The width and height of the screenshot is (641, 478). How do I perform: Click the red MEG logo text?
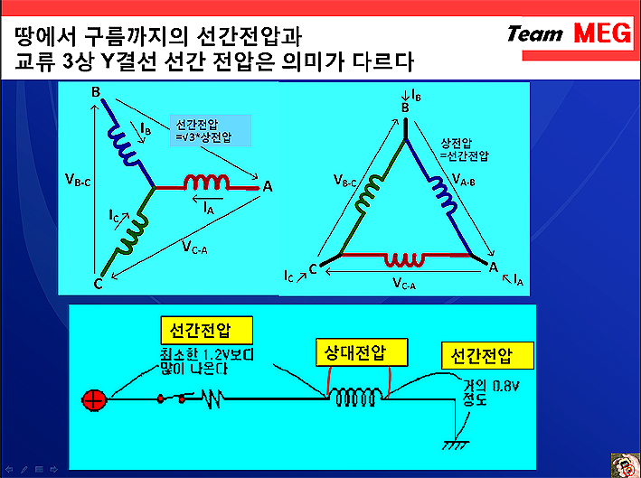pos(602,33)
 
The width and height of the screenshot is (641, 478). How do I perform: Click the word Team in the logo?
pos(534,34)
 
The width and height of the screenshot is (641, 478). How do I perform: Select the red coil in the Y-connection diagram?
pos(206,183)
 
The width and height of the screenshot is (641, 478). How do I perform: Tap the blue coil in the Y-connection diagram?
pos(124,145)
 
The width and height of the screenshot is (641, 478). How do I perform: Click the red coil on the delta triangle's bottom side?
pos(405,259)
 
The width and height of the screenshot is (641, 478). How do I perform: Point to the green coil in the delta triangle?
pos(369,192)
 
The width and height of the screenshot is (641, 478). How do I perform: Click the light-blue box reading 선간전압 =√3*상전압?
pos(211,130)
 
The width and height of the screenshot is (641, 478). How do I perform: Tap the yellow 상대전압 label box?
pos(362,352)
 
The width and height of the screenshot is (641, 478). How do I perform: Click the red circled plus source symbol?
pos(94,400)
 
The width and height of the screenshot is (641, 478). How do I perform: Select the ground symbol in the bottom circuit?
pos(455,445)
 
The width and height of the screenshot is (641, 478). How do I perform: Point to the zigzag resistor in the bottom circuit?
pos(212,398)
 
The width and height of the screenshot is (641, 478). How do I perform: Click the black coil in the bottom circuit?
pos(355,397)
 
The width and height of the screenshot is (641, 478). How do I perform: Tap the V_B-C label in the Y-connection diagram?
pos(78,180)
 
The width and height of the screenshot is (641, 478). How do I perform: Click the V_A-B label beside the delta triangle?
pos(464,180)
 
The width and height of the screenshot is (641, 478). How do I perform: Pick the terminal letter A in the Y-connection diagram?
pos(268,187)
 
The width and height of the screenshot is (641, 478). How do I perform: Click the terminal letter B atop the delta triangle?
pos(405,108)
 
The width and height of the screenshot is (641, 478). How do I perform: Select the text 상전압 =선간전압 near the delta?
pos(464,149)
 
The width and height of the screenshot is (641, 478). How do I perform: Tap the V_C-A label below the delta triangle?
pos(404,283)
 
